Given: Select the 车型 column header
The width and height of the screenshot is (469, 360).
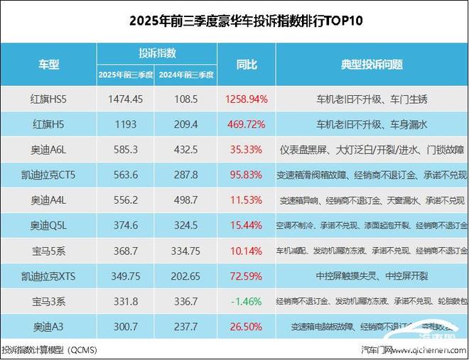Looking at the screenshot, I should pyautogui.click(x=48, y=64).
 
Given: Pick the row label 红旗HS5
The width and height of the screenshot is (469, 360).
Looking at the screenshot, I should pyautogui.click(x=48, y=98).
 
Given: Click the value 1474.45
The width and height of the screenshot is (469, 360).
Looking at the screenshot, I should pyautogui.click(x=125, y=98).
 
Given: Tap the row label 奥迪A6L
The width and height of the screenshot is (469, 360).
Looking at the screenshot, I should pyautogui.click(x=48, y=149).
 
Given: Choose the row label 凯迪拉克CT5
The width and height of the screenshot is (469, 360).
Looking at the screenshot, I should pyautogui.click(x=48, y=175).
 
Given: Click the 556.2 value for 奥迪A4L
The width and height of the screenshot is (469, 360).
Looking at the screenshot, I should pyautogui.click(x=125, y=200).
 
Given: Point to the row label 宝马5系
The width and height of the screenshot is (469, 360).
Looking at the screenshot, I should pyautogui.click(x=48, y=251).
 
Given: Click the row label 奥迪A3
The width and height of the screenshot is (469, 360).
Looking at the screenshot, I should pyautogui.click(x=48, y=327).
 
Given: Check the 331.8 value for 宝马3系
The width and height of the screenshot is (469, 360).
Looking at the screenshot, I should pyautogui.click(x=125, y=302).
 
